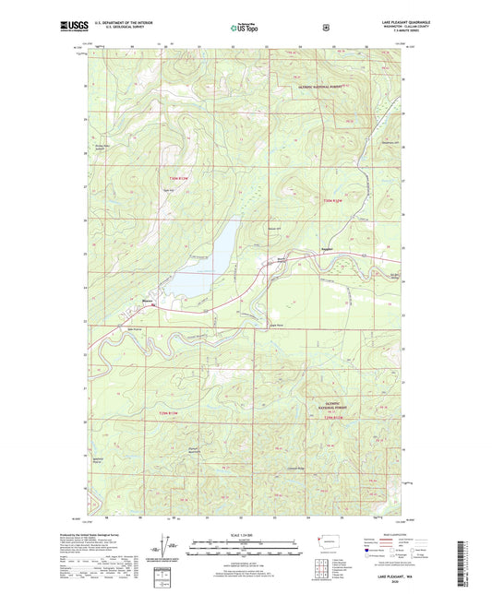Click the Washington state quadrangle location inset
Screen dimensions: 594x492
click(x=326, y=544)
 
